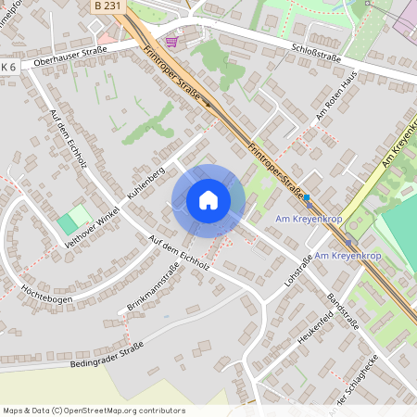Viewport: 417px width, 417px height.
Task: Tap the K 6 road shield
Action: (9, 68)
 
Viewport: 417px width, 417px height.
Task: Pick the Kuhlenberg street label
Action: (145, 183)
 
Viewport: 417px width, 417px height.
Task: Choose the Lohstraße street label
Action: (297, 268)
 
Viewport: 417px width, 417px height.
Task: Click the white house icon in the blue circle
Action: (208, 200)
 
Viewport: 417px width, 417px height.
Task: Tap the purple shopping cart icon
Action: (171, 42)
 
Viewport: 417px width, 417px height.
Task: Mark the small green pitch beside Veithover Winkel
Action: (68, 224)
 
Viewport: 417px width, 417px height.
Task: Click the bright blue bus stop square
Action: (307, 196)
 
